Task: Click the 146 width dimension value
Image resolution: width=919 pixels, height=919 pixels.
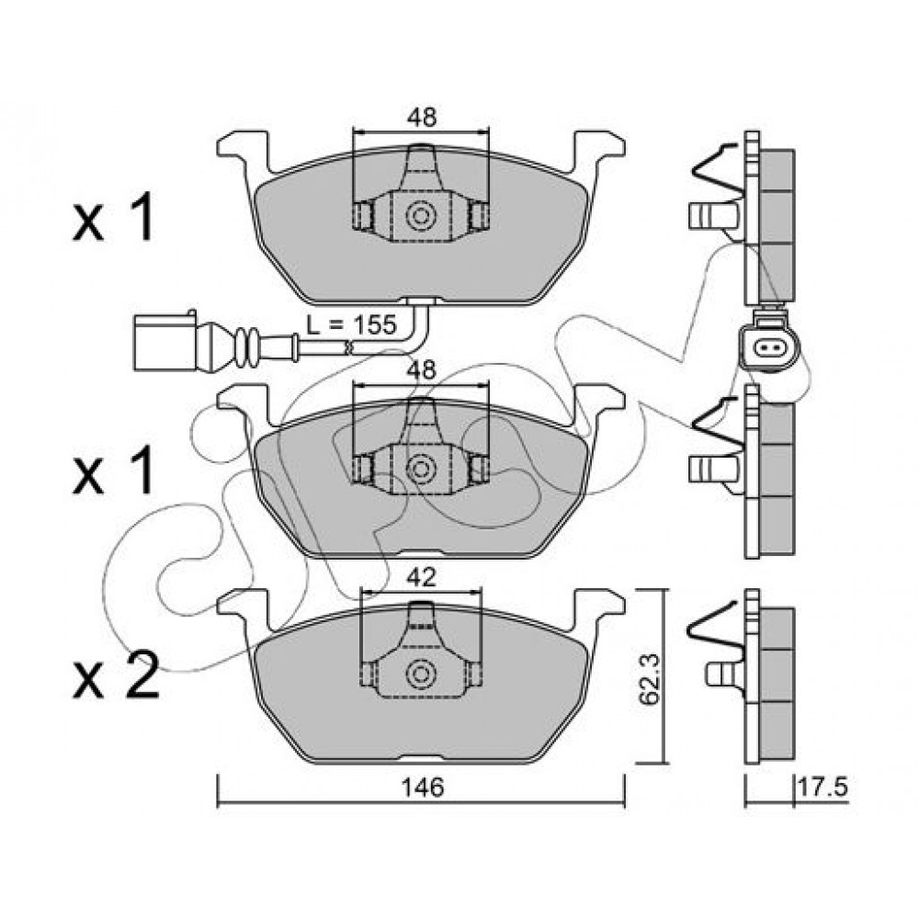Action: tap(423, 788)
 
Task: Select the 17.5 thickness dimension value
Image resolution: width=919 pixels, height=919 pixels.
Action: tap(823, 788)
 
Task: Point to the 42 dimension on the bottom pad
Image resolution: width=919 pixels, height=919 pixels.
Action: tap(421, 577)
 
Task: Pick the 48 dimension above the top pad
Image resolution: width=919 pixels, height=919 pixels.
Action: tap(422, 118)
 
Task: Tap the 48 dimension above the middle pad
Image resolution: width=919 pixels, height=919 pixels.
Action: tap(422, 370)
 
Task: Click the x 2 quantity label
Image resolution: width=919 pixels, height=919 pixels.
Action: tap(116, 676)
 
